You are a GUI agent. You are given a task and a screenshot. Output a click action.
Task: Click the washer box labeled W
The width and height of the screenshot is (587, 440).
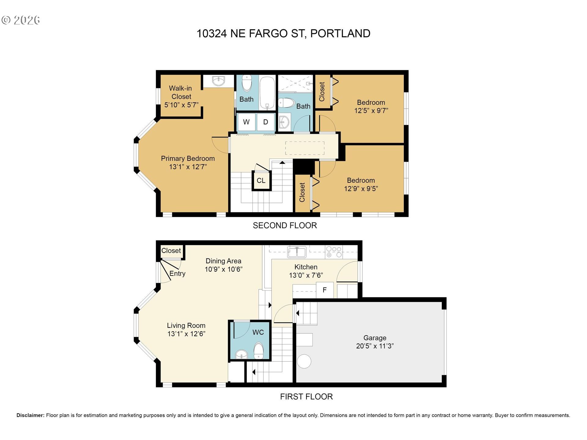tap(246, 122)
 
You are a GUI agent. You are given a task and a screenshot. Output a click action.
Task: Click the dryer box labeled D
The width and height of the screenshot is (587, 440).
tap(265, 122)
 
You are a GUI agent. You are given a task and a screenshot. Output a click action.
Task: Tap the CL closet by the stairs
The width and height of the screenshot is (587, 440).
tap(261, 181)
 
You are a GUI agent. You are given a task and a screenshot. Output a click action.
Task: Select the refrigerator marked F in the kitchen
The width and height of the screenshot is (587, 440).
tap(324, 290)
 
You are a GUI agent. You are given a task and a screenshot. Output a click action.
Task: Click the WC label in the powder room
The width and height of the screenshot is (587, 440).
tap(258, 332)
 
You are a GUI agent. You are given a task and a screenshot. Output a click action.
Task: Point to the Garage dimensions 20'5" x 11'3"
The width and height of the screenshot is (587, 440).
tap(375, 346)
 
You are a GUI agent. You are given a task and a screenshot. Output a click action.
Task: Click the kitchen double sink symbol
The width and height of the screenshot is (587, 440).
tap(297, 252)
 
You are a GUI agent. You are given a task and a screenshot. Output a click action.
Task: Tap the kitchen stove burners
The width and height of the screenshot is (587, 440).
tap(334, 252)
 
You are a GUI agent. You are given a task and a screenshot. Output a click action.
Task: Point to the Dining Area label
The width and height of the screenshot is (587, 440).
tap(223, 261)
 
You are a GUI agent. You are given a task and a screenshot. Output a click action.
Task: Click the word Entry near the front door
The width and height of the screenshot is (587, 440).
tap(177, 273)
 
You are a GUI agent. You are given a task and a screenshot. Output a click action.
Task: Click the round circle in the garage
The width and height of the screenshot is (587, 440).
tap(304, 361)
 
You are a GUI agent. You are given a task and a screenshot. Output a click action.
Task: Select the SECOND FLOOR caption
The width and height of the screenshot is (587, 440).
tap(285, 226)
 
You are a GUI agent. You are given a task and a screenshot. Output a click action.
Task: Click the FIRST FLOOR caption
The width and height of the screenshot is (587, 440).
tap(306, 397)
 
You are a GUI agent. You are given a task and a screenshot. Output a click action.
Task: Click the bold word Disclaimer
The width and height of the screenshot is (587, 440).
tap(30, 415)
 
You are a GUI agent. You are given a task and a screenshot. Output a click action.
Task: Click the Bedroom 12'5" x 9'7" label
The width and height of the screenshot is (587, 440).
tap(371, 106)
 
